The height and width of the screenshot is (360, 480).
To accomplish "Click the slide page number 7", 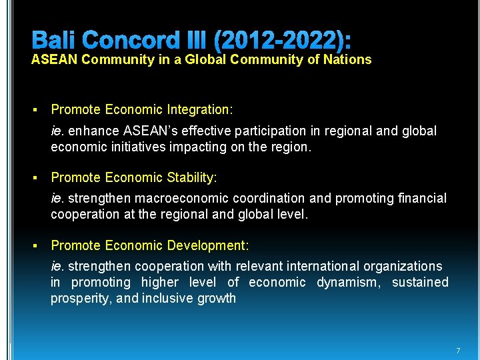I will tap(458, 351).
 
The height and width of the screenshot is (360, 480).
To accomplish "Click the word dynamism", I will tap(347, 282).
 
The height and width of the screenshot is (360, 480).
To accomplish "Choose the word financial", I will tap(420, 198).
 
